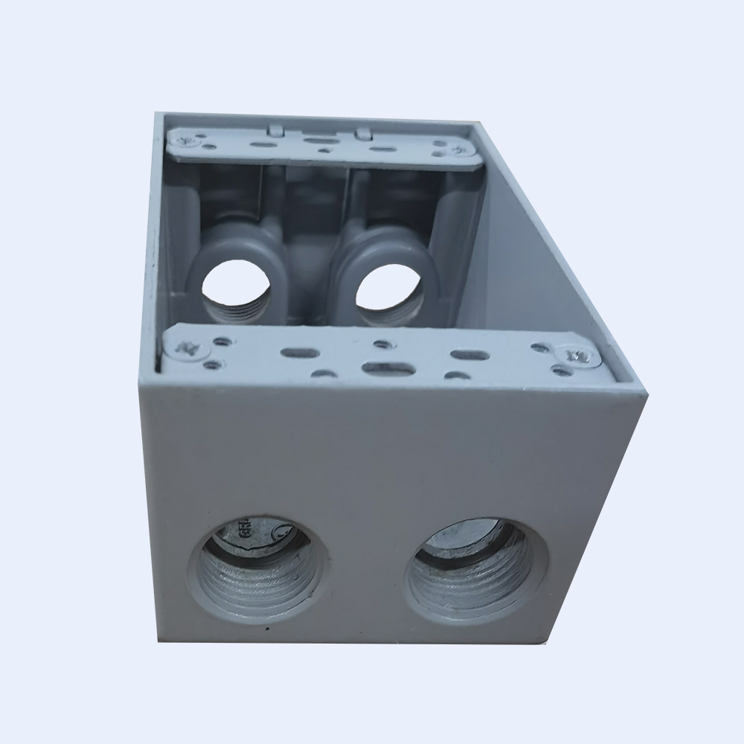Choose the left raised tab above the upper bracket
[x=275, y=129]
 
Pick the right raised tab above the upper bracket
[x=363, y=132]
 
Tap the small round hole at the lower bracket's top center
[x=381, y=344]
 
